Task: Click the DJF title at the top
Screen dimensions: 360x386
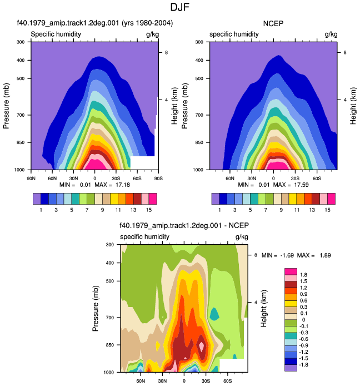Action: tap(180, 7)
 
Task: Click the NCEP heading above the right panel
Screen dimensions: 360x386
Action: tap(273, 23)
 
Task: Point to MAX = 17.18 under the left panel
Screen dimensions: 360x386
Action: tap(112, 185)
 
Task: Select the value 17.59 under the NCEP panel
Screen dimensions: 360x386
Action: tap(301, 185)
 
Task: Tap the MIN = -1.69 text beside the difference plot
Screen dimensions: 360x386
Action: tap(278, 255)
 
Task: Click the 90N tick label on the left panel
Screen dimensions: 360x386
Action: tap(31, 178)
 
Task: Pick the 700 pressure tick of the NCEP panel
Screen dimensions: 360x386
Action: tap(199, 115)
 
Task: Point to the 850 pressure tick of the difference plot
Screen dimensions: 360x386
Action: tap(110, 345)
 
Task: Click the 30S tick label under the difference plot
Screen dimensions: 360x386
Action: tap(206, 381)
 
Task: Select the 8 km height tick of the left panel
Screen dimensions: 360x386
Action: tap(166, 52)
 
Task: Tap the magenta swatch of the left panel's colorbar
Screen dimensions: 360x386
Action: tap(153, 199)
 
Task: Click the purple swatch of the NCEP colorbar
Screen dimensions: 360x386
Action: tap(216, 199)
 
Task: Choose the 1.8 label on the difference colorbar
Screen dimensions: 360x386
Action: tap(303, 275)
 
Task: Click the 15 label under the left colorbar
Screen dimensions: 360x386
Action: tap(149, 210)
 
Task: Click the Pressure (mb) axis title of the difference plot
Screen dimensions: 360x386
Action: tap(96, 309)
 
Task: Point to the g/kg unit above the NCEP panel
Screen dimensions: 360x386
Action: tap(331, 34)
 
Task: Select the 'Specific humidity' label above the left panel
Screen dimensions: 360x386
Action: tap(56, 34)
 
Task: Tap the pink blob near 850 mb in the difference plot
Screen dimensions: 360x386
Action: tap(202, 347)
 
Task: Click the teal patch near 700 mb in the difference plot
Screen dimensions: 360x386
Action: tap(214, 314)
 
